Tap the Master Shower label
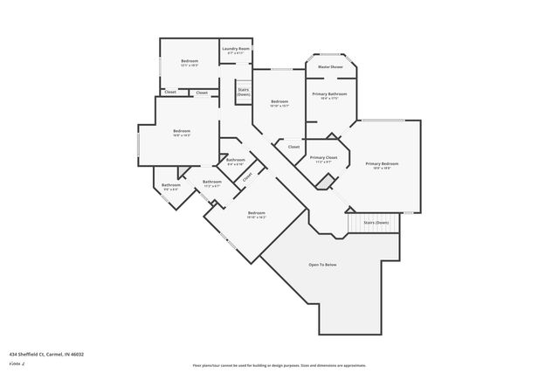coord(329,66)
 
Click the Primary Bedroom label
coord(383,164)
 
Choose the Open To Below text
coord(322,264)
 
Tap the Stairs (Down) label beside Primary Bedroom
coord(376,223)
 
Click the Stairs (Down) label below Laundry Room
coord(244,91)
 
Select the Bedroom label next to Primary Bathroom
coord(279,102)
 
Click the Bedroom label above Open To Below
coord(256,213)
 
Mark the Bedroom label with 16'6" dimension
coord(182,131)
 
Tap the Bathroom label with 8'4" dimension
coord(236,160)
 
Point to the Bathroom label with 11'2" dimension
coord(212,182)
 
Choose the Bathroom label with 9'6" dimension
coord(170,184)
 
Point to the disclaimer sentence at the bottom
coord(279,365)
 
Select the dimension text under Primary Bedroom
coord(383,169)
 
